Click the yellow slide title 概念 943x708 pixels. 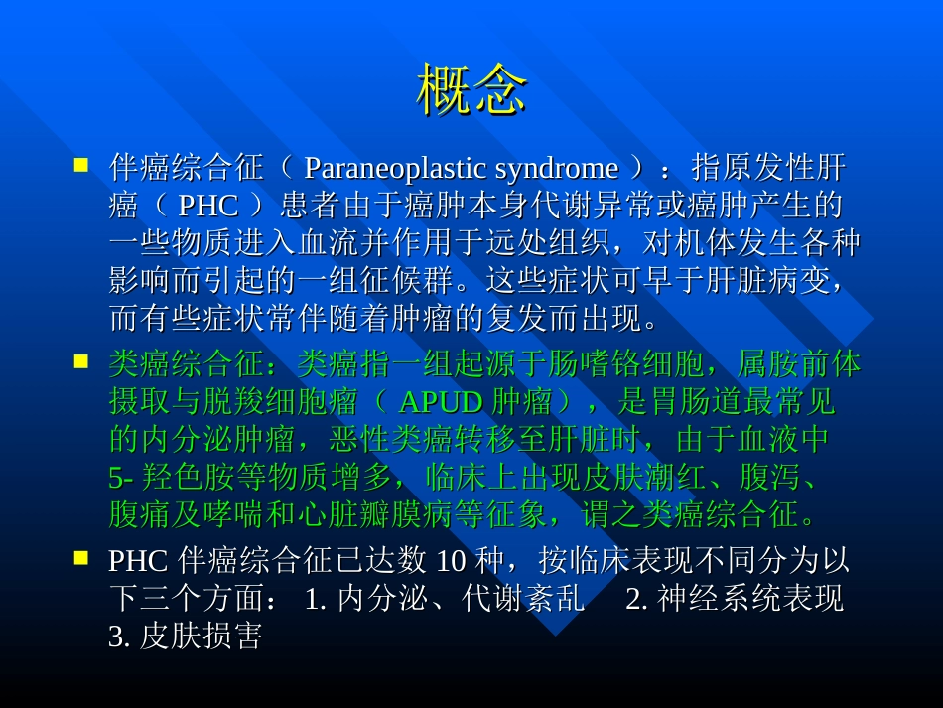click(471, 89)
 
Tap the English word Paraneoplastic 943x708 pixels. click(396, 168)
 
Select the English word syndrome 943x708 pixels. click(556, 168)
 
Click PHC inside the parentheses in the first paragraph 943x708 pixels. click(208, 206)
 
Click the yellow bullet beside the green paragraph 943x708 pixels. click(81, 360)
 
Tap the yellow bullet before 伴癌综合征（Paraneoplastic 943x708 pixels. click(81, 165)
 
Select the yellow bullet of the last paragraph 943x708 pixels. click(81, 558)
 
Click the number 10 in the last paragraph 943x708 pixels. click(451, 561)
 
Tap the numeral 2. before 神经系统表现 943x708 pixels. click(637, 599)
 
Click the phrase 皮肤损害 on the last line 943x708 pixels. click(201, 637)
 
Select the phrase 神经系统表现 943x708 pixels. click(750, 599)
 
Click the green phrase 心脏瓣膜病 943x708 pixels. click(376, 515)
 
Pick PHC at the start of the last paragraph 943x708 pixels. click(138, 561)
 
